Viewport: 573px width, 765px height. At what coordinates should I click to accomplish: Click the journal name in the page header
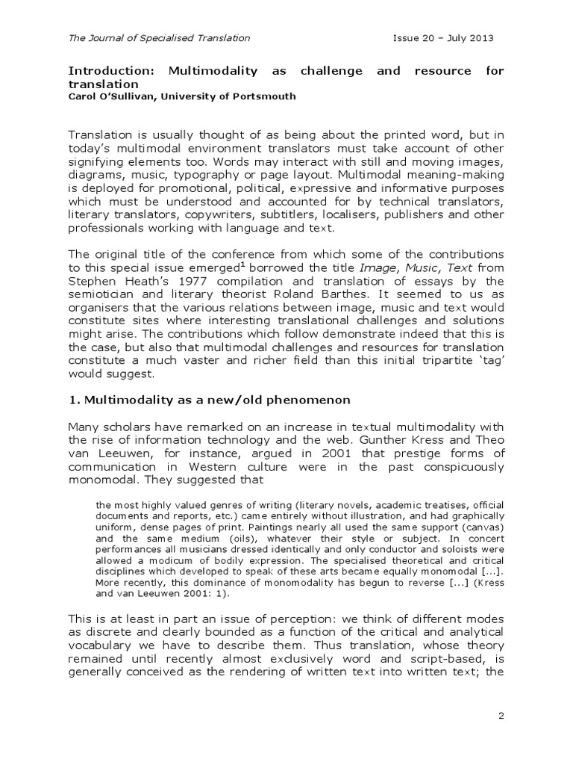pos(159,37)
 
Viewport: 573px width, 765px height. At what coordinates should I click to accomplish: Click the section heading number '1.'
pos(74,402)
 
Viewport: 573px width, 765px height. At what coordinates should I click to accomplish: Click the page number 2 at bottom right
pos(501,716)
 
